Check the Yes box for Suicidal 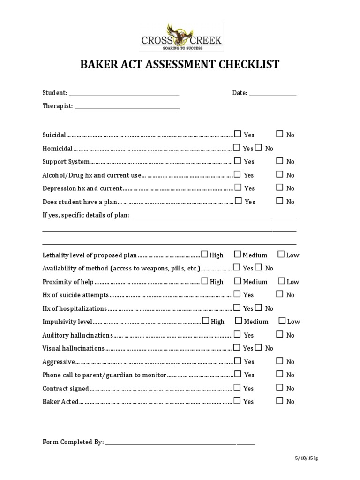[238, 134]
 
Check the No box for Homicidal [259, 148]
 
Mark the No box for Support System [280, 161]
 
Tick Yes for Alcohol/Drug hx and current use [238, 174]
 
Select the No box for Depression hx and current [280, 187]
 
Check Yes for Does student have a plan [239, 201]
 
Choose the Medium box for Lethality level [238, 255]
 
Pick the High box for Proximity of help [205, 281]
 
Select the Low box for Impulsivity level [282, 321]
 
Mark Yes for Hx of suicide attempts [238, 294]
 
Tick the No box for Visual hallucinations [259, 348]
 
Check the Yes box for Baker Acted [238, 401]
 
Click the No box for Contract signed [280, 388]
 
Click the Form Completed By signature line [180, 443]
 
